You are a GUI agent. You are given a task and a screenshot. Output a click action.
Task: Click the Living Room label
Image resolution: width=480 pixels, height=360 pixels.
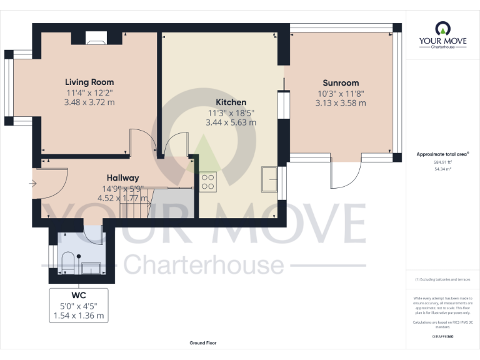89,82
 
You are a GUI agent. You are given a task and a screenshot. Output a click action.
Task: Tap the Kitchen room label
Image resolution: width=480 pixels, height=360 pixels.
231,102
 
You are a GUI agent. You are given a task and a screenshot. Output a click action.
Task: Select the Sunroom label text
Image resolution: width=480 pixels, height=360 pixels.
341,82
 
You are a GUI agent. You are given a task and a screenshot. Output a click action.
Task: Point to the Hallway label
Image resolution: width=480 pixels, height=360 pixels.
122,178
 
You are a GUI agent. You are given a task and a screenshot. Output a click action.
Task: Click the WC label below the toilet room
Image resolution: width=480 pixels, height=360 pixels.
78,295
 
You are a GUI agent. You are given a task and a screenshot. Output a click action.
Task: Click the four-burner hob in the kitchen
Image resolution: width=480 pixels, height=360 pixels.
207,182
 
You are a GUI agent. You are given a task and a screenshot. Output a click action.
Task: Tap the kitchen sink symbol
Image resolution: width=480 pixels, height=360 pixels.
271,180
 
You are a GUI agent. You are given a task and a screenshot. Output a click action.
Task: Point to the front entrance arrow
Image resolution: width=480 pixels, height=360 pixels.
32,184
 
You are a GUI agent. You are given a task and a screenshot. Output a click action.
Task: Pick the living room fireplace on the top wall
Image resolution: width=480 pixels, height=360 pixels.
96,39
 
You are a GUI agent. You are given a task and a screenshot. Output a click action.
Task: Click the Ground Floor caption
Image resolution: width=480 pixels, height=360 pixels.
204,343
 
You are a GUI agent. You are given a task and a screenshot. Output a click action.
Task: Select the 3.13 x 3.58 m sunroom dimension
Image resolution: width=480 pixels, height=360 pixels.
341,103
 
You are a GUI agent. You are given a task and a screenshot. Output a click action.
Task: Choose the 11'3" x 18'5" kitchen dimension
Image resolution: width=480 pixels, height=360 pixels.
231,112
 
